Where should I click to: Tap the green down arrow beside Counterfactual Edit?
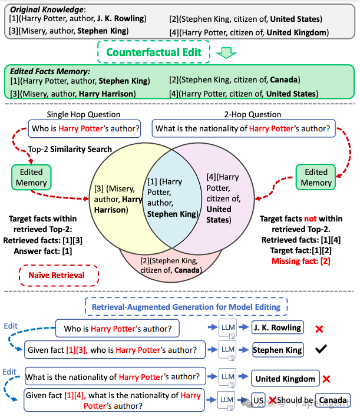click(226, 52)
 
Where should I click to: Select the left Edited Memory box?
click(31, 177)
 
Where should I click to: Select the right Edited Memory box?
click(316, 177)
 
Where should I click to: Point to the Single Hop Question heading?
click(84, 114)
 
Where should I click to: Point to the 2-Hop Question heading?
click(253, 114)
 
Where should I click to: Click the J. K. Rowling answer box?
click(278, 327)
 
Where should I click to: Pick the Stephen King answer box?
click(278, 350)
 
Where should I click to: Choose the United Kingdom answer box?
click(285, 378)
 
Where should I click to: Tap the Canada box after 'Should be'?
click(332, 400)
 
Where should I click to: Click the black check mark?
click(321, 349)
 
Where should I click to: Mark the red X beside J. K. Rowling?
click(319, 329)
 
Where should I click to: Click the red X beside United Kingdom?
click(326, 379)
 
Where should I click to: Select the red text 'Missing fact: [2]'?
click(300, 261)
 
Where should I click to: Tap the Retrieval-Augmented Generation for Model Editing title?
click(186, 307)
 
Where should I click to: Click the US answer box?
click(258, 401)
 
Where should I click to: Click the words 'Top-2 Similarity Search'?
click(70, 149)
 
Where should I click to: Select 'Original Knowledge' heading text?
click(47, 9)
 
